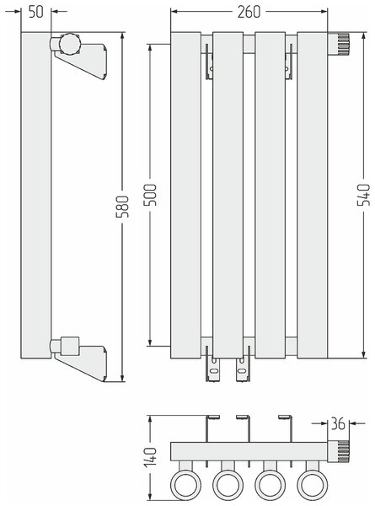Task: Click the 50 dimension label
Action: [35, 12]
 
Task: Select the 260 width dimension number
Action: [249, 12]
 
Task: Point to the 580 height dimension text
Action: [122, 207]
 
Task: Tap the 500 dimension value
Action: [150, 195]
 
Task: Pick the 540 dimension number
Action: [364, 195]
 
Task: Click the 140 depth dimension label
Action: [150, 457]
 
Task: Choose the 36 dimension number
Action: [338, 423]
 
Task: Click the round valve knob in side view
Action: [69, 43]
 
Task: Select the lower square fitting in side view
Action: [70, 347]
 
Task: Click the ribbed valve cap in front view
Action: [340, 44]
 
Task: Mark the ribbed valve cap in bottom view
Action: [339, 451]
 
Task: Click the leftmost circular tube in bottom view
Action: [185, 485]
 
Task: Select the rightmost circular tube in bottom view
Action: [312, 485]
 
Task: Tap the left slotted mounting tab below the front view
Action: [213, 370]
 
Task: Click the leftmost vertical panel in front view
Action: [185, 196]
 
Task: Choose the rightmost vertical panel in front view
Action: [312, 196]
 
